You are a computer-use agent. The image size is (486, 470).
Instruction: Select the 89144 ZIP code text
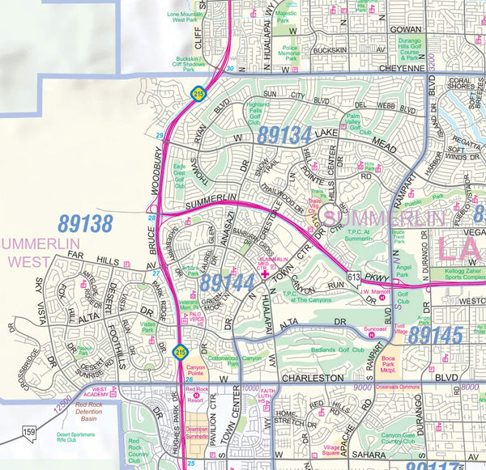coord(228,282)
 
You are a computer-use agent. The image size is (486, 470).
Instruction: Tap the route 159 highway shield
coord(29,434)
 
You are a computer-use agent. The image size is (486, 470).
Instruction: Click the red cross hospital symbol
coord(264,274)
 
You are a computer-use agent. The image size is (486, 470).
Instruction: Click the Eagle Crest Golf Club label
coord(180,176)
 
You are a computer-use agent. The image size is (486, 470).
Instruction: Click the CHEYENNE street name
coord(402,70)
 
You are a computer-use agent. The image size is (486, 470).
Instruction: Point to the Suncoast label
coord(374,330)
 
